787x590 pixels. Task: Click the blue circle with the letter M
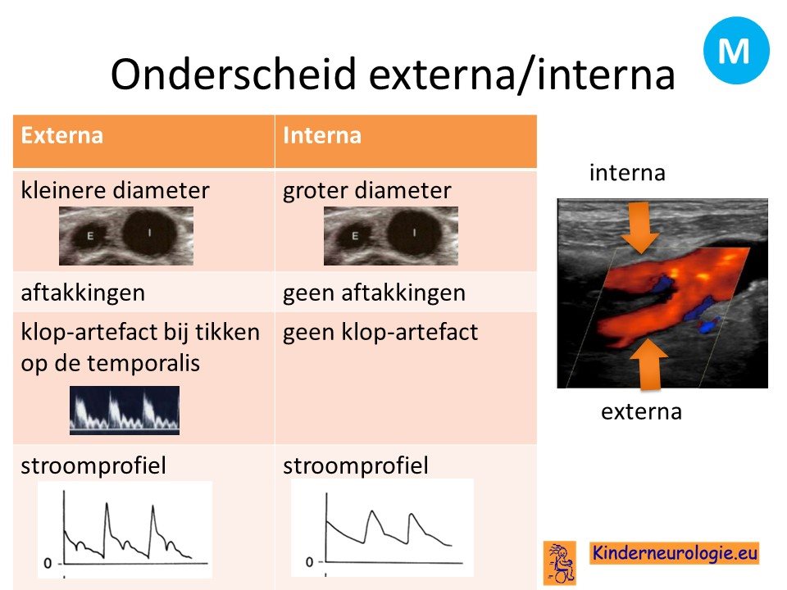(736, 50)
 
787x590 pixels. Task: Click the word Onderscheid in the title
(233, 74)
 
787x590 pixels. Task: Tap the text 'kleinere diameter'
(115, 191)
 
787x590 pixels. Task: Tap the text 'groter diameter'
(367, 191)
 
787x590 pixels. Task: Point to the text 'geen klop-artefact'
(380, 332)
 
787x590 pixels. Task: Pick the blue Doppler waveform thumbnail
(125, 410)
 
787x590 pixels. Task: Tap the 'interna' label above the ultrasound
(627, 173)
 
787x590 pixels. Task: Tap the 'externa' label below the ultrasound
(641, 412)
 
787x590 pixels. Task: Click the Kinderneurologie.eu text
(674, 552)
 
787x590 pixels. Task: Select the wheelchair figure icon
(560, 562)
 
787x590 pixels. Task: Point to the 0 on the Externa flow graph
(48, 564)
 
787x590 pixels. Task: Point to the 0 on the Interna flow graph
(310, 562)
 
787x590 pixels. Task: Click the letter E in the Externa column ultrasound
(90, 236)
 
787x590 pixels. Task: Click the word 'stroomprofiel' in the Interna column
(355, 465)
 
